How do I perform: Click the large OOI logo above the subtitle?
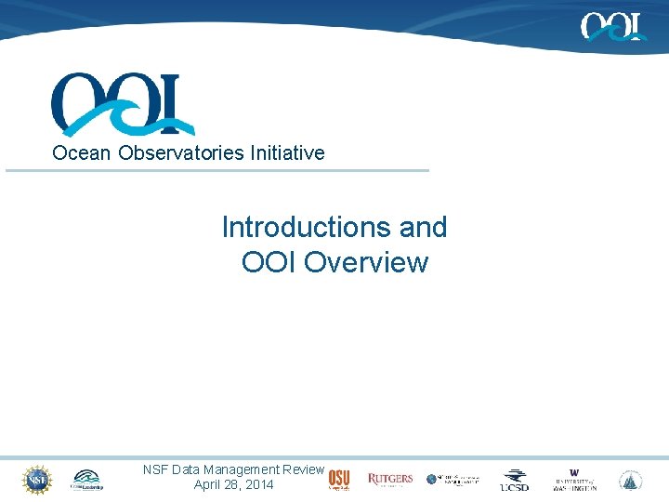(123, 104)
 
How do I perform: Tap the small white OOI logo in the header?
(613, 26)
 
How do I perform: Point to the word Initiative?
(287, 152)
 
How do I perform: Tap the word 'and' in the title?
(423, 227)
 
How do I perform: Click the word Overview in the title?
(366, 262)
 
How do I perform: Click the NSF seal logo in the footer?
(36, 479)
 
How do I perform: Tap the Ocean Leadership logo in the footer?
(89, 480)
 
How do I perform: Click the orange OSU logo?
(339, 479)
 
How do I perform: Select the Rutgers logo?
(390, 480)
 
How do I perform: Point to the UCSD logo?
(515, 480)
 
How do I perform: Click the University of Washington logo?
(574, 480)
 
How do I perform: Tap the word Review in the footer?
(303, 470)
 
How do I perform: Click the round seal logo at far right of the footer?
(631, 480)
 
